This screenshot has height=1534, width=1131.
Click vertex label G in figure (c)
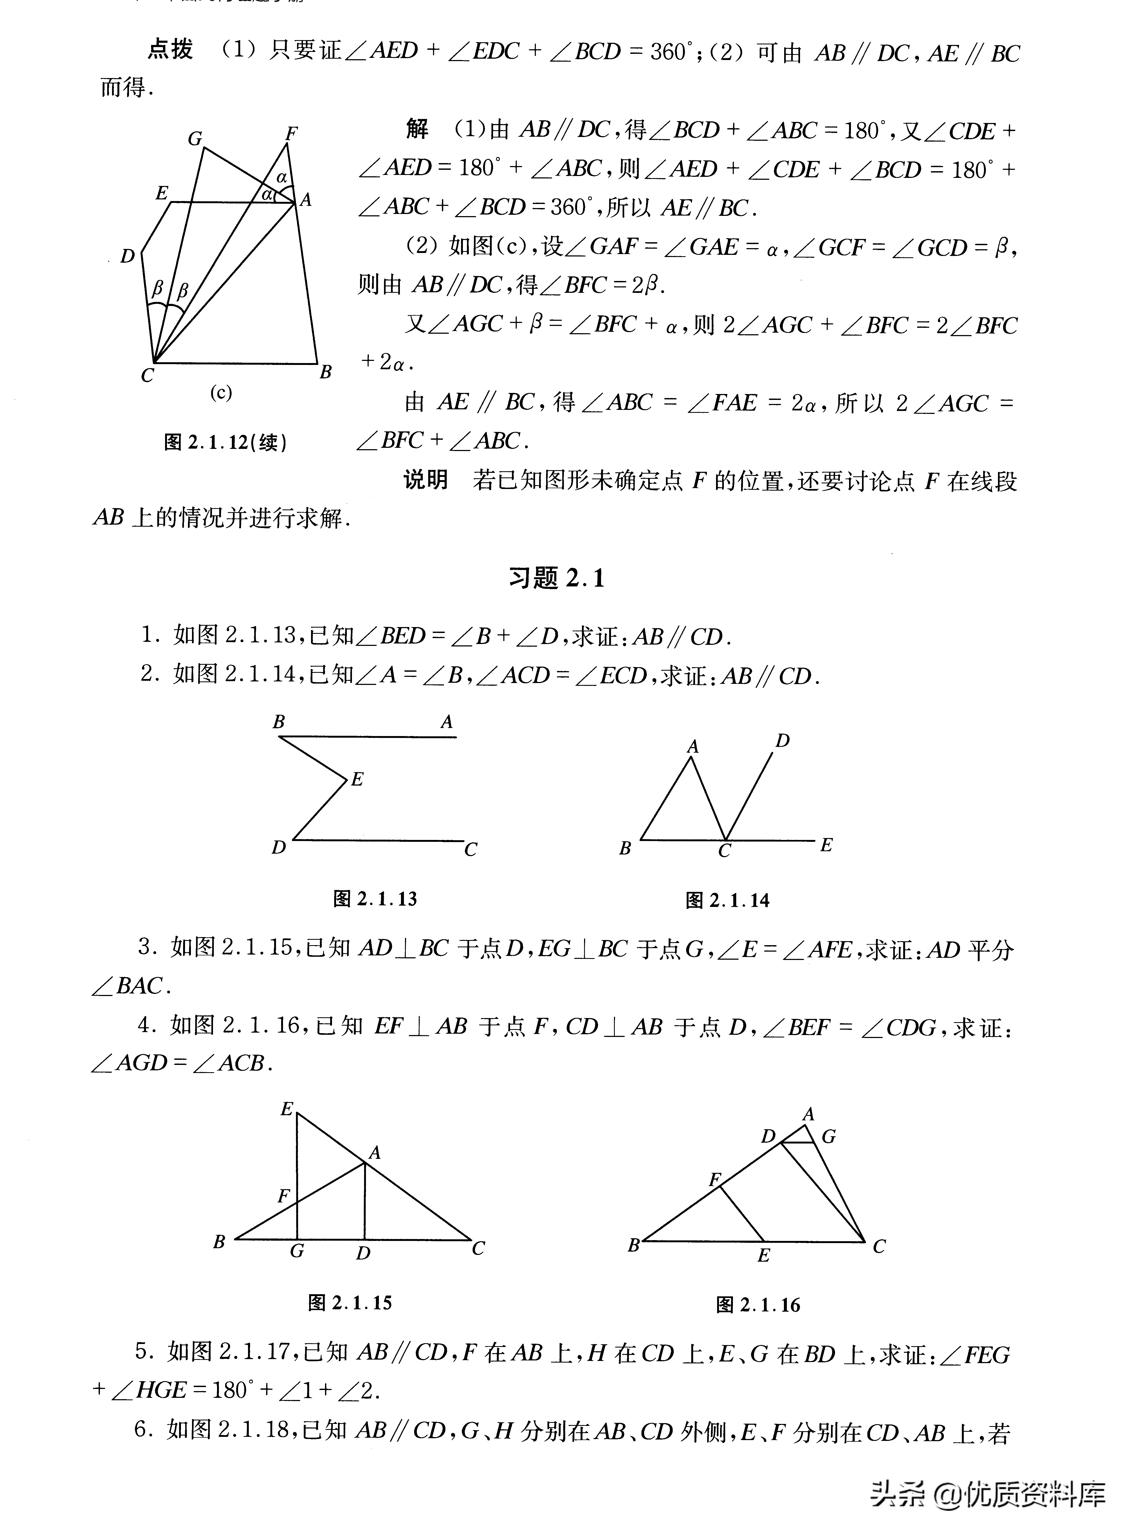(x=195, y=139)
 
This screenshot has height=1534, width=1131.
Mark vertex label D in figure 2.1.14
(x=783, y=740)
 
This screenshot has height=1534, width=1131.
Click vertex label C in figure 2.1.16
(x=879, y=1247)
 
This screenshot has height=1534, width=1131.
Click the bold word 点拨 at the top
(x=170, y=50)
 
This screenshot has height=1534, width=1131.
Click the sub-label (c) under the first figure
(x=221, y=393)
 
